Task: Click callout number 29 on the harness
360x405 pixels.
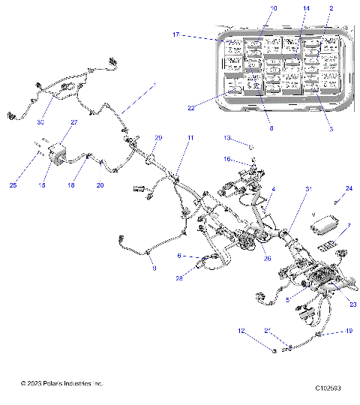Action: pyautogui.click(x=158, y=138)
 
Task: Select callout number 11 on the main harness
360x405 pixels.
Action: pyautogui.click(x=190, y=138)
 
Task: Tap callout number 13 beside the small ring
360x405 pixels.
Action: pyautogui.click(x=226, y=138)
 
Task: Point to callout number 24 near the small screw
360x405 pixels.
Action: pyautogui.click(x=348, y=188)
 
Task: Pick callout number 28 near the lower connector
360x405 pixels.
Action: pyautogui.click(x=180, y=278)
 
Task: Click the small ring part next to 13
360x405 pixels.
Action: pyautogui.click(x=250, y=147)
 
